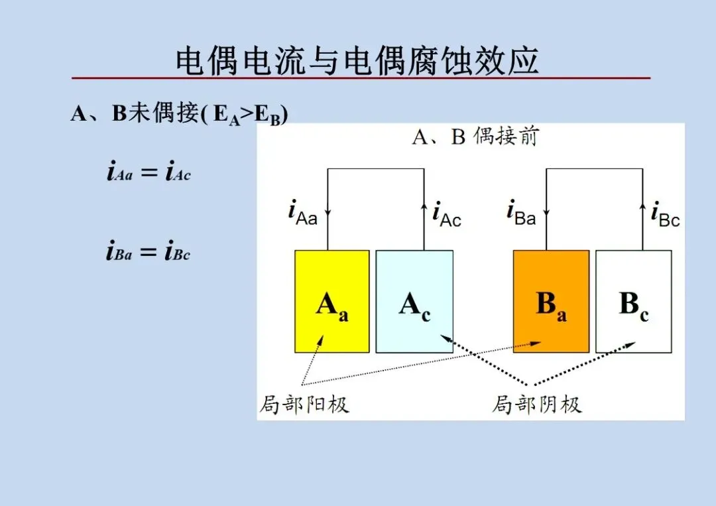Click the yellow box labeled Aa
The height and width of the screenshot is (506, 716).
[331, 301]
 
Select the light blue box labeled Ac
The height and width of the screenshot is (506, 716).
[414, 301]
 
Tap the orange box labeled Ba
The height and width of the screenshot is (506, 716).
[551, 301]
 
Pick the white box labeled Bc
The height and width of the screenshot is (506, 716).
[633, 301]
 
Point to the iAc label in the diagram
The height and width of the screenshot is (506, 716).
[447, 214]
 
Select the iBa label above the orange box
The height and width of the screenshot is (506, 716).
[521, 213]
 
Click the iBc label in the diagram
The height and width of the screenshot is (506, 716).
[665, 214]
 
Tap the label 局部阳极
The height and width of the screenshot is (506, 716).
[304, 404]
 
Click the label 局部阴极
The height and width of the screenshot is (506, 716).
[537, 404]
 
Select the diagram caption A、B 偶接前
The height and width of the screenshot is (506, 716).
[475, 137]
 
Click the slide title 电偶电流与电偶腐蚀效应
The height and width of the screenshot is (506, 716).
[357, 61]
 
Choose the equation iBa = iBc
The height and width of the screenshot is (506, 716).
[149, 252]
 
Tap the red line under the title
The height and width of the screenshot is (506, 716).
[361, 78]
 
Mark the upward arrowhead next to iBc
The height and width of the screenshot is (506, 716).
[642, 208]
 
